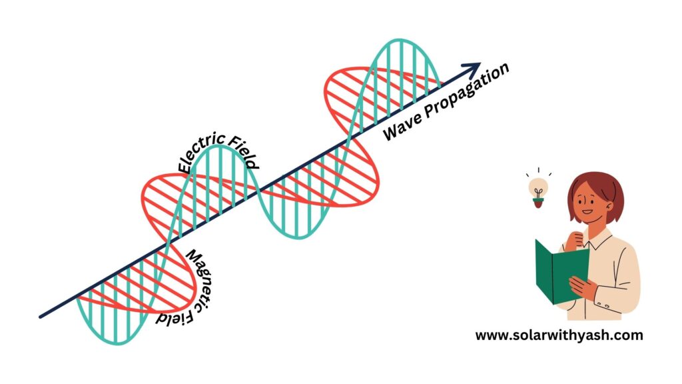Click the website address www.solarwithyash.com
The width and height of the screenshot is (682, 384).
tap(559, 335)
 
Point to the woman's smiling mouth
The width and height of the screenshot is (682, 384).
tap(587, 213)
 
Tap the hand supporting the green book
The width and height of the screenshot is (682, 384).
tap(583, 287)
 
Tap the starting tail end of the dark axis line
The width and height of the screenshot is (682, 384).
tap(41, 317)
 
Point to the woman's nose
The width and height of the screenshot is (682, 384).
tap(584, 204)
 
